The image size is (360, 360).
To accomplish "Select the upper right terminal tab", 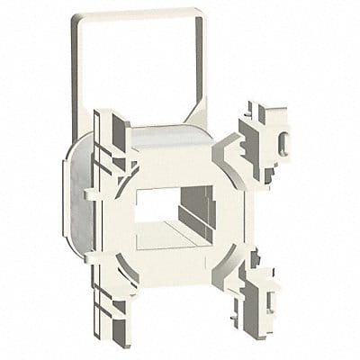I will [x=270, y=144].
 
